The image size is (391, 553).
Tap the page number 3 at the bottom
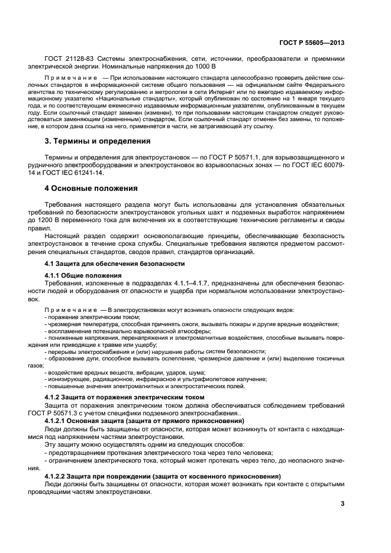pyautogui.click(x=342, y=504)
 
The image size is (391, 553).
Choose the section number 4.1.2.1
pyautogui.click(x=59, y=420)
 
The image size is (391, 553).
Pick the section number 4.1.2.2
pyautogui.click(x=59, y=476)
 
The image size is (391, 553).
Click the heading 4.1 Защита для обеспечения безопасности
pyautogui.click(x=115, y=264)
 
